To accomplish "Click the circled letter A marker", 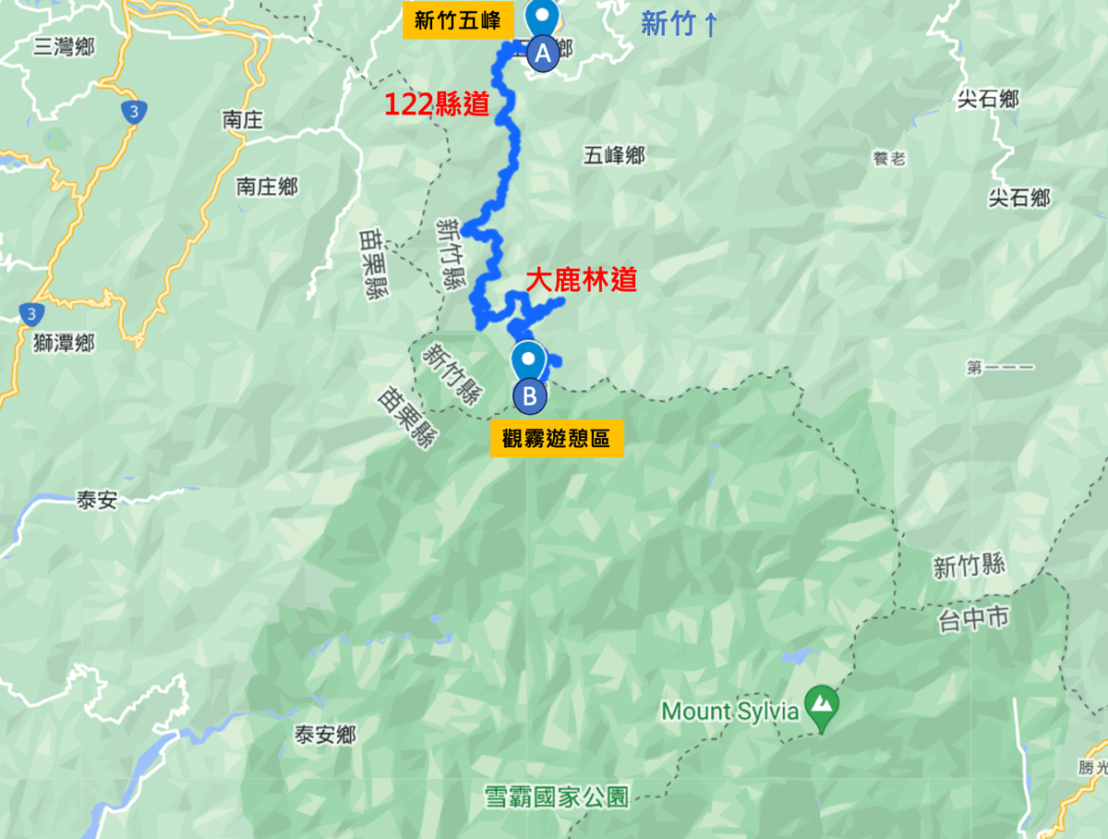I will point(543,54).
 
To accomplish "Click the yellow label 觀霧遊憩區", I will point(556,438).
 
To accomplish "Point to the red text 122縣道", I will point(437,104).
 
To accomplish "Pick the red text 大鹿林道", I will point(581,280).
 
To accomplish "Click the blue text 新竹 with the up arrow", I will point(680,24).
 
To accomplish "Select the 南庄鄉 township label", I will point(267,186).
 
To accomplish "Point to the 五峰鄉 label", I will point(613,156).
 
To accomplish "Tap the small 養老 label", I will point(889,159).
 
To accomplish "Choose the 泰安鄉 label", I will point(325,736).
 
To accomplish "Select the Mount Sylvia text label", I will point(729,711).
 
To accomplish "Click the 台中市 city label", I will point(971,618).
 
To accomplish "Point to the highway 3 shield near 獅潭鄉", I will point(31,314).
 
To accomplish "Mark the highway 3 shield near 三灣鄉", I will point(135,112).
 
